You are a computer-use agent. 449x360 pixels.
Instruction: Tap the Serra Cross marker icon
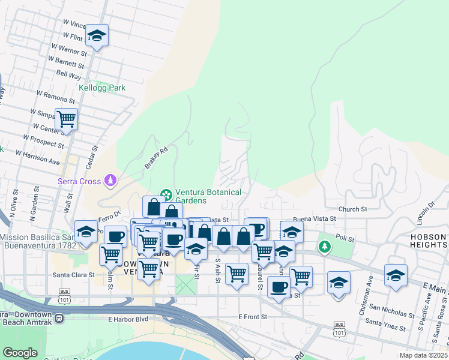pyautogui.click(x=110, y=179)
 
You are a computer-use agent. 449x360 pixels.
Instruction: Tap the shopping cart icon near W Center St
pyautogui.click(x=66, y=119)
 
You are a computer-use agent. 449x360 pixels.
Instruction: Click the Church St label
pyautogui.click(x=352, y=209)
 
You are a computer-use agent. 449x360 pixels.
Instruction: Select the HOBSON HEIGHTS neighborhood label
pyautogui.click(x=428, y=241)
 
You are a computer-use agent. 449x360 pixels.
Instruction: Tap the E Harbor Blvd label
pyautogui.click(x=128, y=319)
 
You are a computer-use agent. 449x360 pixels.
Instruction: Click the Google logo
pyautogui.click(x=19, y=353)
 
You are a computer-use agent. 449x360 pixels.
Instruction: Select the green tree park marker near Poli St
pyautogui.click(x=325, y=247)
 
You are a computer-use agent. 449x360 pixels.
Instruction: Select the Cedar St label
pyautogui.click(x=94, y=156)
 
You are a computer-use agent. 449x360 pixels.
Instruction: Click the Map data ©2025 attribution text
pyautogui.click(x=423, y=355)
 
